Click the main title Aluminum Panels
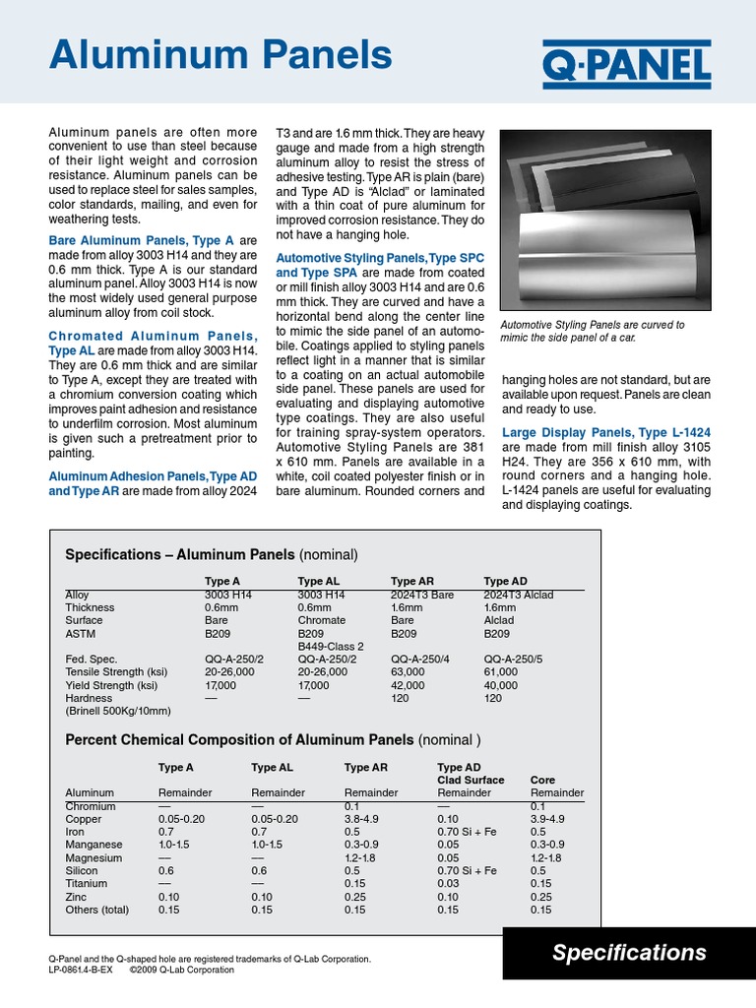tap(220, 53)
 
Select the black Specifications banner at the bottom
tap(629, 952)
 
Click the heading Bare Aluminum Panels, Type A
tap(141, 240)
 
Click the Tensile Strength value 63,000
tap(409, 670)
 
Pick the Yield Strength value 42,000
tap(409, 684)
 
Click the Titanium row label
tap(87, 884)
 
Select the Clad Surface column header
tap(471, 780)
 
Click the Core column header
tap(542, 780)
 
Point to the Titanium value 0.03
tap(447, 884)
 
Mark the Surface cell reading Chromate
tap(322, 620)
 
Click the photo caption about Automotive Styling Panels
tap(594, 331)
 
